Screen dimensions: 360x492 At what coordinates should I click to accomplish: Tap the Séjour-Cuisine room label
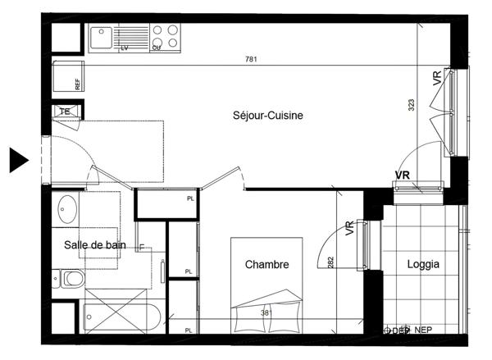268,116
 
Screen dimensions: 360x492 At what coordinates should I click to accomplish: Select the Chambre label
266,264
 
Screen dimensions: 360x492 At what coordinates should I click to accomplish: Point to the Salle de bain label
94,244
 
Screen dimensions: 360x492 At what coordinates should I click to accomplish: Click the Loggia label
423,264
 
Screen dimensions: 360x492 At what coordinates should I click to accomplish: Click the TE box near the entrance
64,112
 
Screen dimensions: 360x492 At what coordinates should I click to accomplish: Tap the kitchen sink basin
101,35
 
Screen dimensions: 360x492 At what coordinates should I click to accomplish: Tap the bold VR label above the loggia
402,175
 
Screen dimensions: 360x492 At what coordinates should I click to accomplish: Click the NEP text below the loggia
423,330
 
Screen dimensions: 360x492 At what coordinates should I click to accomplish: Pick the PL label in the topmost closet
190,198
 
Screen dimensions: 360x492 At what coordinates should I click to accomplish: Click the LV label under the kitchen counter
125,48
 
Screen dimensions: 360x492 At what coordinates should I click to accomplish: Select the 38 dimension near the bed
266,312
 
